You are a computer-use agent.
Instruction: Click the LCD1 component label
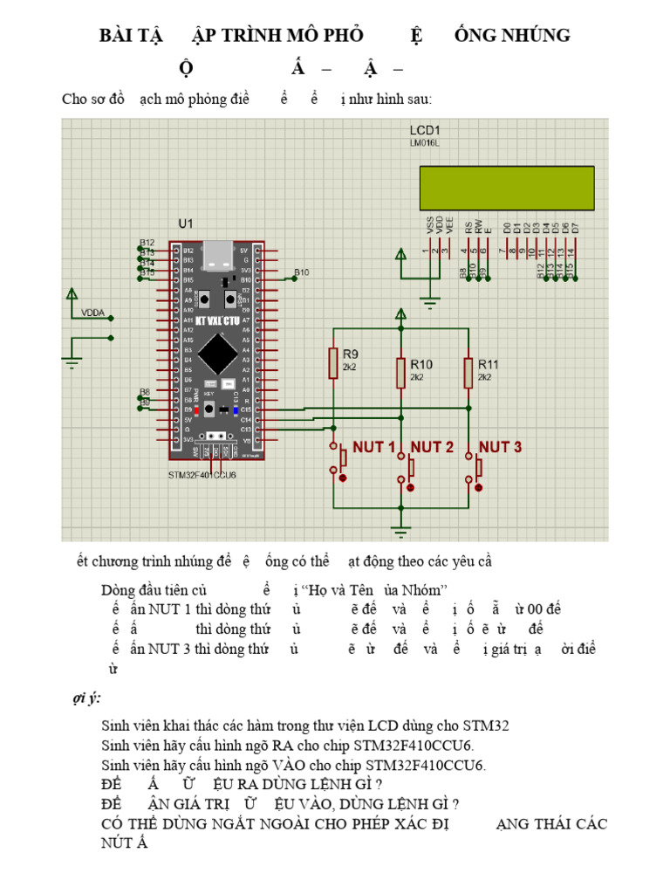425,130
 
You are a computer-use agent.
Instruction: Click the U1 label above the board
186,224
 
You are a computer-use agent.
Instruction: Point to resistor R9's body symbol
332,363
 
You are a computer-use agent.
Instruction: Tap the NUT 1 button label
373,447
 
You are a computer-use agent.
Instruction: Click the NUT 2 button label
432,447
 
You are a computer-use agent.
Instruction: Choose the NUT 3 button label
500,447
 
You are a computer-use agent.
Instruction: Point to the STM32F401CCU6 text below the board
202,476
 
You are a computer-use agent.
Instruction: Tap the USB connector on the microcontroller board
215,255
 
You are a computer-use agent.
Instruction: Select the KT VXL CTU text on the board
215,321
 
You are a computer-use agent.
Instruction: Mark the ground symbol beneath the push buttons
400,528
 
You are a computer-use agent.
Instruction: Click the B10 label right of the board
301,272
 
